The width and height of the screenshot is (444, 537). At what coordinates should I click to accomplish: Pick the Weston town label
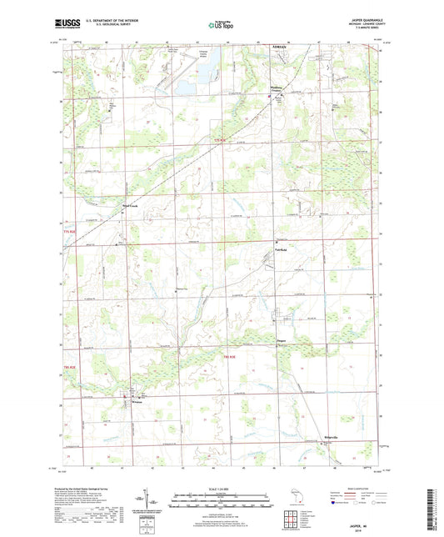tap(138, 401)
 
